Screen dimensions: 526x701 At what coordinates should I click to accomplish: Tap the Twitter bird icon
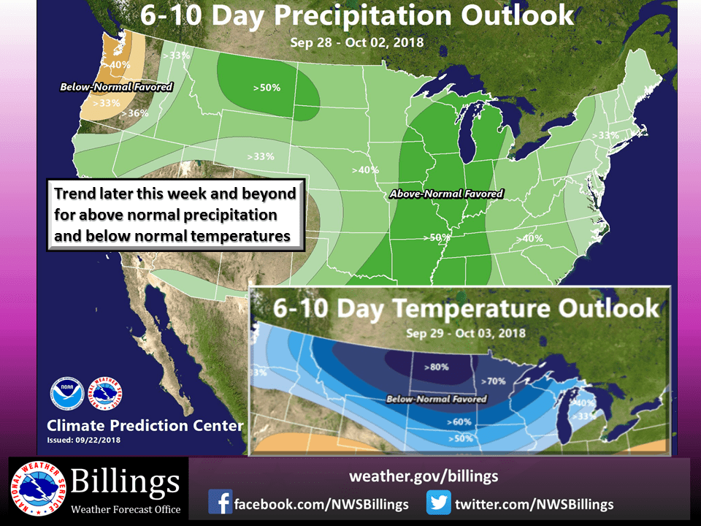[440, 503]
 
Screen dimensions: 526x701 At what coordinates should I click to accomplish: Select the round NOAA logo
[67, 394]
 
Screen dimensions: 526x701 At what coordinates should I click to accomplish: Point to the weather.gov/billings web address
[424, 476]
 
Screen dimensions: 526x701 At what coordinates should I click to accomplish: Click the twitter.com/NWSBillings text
[534, 504]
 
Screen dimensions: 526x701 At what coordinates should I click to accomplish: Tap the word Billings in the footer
[125, 482]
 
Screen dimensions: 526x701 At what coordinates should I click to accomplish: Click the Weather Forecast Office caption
[125, 508]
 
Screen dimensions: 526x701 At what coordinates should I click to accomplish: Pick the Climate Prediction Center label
[145, 425]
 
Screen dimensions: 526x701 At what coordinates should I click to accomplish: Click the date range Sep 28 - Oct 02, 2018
[356, 42]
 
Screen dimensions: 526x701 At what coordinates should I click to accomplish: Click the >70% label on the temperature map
[497, 381]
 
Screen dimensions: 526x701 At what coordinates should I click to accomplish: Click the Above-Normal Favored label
[446, 194]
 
